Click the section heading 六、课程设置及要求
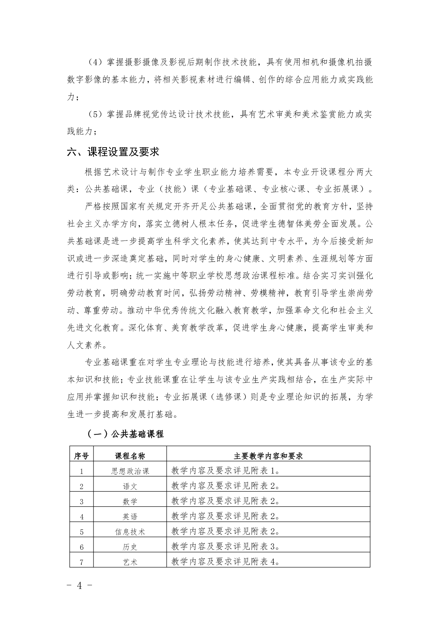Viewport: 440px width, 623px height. (x=113, y=152)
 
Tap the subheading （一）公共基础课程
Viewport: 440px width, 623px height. (x=125, y=434)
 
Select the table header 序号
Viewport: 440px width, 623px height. (x=81, y=456)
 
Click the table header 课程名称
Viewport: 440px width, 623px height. (x=130, y=456)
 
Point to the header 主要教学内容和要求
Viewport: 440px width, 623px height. (x=268, y=456)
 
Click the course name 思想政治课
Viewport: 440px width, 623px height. (x=130, y=471)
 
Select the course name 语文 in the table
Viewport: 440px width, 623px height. (x=130, y=486)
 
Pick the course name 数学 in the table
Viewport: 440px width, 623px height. (x=130, y=501)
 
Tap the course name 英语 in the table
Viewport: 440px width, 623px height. (x=130, y=516)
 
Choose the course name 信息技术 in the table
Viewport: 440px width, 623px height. (x=130, y=532)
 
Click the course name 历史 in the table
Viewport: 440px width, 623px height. (x=130, y=547)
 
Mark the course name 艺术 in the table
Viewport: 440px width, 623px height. (x=130, y=562)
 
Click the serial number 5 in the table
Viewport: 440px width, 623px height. (x=82, y=532)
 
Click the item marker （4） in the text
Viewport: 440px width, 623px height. (x=95, y=62)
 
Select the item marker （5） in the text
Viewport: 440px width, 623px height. (x=95, y=114)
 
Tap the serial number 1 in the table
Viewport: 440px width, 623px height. (x=82, y=471)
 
